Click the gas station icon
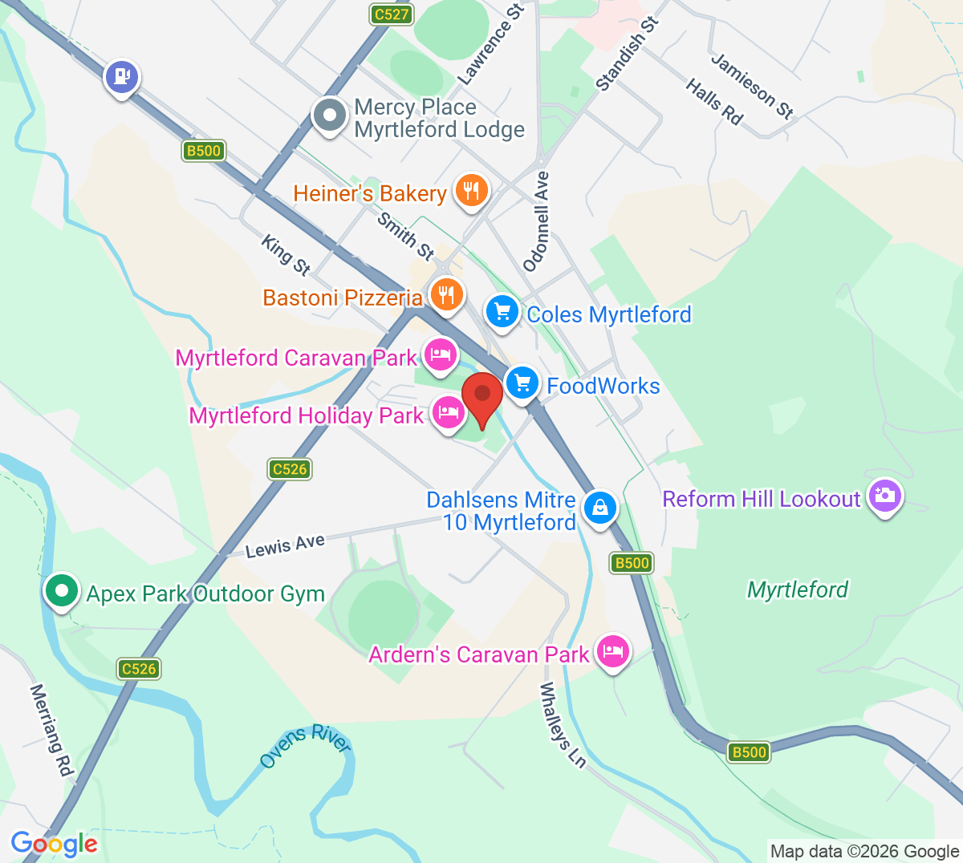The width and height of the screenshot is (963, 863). tap(122, 77)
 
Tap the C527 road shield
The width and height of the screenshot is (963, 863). tap(392, 14)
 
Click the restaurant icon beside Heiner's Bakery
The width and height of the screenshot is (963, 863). tap(471, 191)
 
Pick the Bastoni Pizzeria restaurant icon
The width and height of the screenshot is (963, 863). tap(446, 294)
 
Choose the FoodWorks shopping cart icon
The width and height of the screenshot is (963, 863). tap(523, 383)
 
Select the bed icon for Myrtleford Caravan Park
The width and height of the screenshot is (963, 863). tap(440, 354)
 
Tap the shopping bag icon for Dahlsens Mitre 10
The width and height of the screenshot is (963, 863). tap(599, 507)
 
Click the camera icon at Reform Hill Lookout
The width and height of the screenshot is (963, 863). tap(884, 495)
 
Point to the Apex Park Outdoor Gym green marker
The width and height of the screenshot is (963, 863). tap(61, 591)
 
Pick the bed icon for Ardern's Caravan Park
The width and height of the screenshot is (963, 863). tap(613, 650)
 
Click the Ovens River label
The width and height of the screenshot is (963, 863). tap(306, 746)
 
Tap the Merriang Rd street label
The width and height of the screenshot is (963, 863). tap(51, 729)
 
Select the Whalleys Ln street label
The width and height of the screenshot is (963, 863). tap(562, 724)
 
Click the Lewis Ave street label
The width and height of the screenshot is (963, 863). tap(285, 545)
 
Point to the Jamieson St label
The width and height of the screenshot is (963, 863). tap(752, 86)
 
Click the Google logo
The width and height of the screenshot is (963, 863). tap(54, 844)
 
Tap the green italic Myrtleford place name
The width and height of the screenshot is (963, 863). tap(797, 590)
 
